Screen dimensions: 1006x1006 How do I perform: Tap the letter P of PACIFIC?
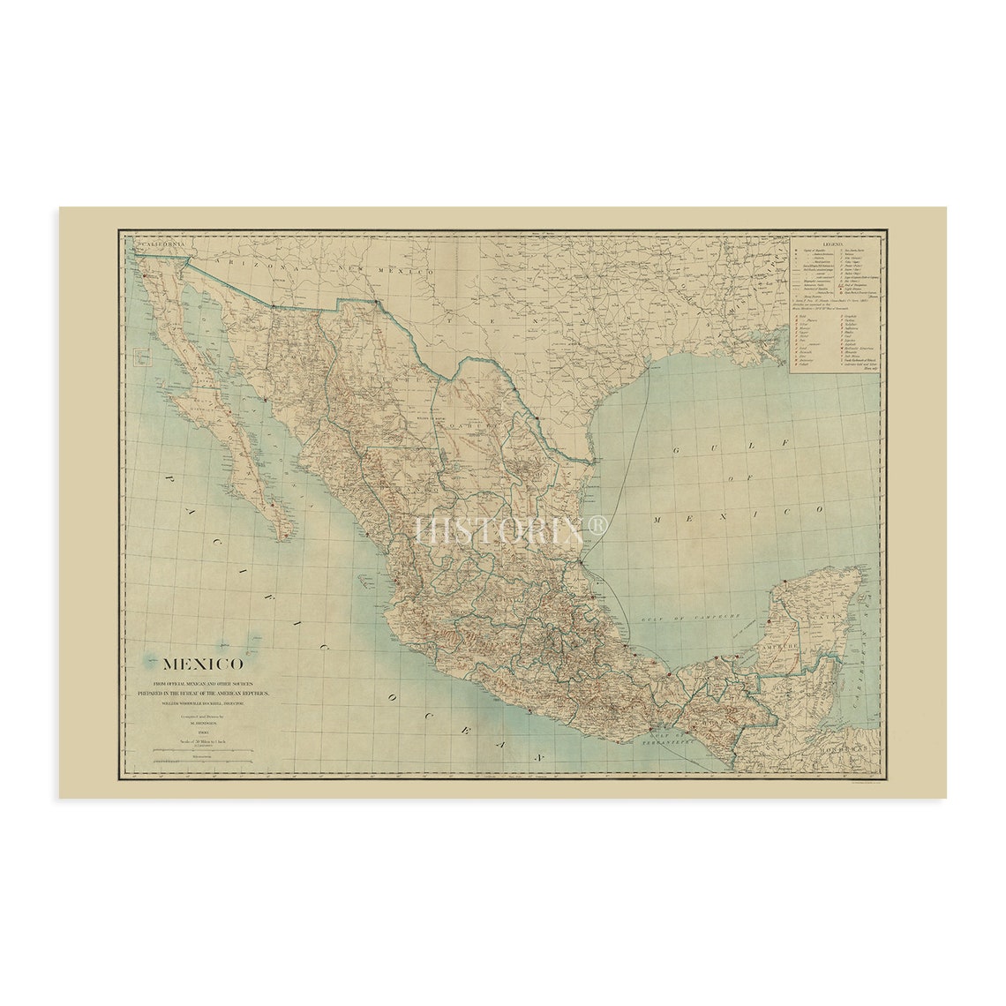click(168, 481)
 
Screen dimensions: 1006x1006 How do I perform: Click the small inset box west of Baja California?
click(140, 358)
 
